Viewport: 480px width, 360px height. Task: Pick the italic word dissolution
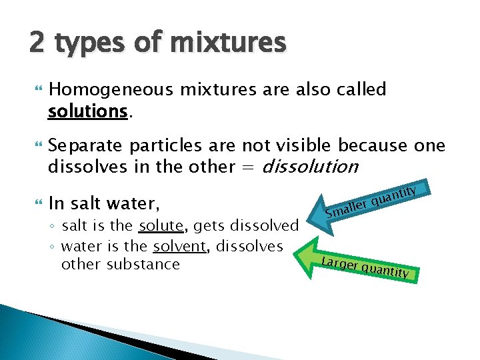[311, 167]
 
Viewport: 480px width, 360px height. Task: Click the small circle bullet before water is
[53, 247]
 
